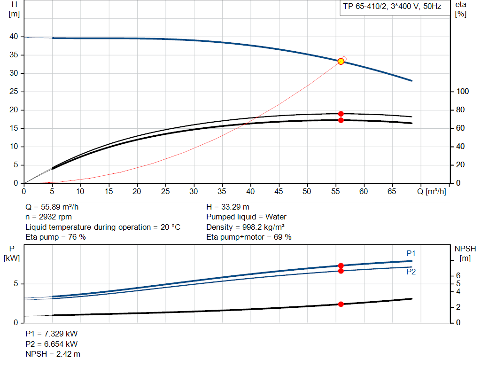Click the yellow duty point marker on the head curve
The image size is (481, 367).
[341, 62]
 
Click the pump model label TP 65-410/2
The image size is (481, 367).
[365, 7]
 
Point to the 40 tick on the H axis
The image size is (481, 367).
[13, 37]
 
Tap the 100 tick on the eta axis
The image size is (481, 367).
[462, 92]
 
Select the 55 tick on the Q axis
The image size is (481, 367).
[335, 192]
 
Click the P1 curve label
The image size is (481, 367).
[411, 254]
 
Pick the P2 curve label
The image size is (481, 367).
[411, 272]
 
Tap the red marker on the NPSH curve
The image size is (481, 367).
[341, 304]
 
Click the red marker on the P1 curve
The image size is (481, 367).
[341, 265]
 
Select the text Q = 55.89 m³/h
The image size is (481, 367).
[55, 207]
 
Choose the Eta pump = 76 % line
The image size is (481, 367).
[55, 237]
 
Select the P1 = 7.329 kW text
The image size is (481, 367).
[51, 334]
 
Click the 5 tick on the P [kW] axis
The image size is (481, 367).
[16, 284]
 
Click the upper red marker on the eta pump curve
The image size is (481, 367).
[341, 114]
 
